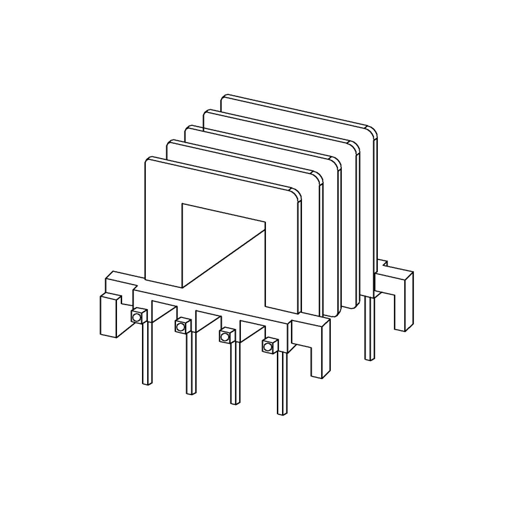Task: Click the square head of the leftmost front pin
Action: pyautogui.click(x=137, y=315)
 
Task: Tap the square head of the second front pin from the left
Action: pyautogui.click(x=181, y=326)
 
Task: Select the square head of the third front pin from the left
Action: pyautogui.click(x=226, y=336)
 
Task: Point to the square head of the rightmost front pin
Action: pyautogui.click(x=269, y=346)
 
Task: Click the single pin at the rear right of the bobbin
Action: pyautogui.click(x=369, y=328)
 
